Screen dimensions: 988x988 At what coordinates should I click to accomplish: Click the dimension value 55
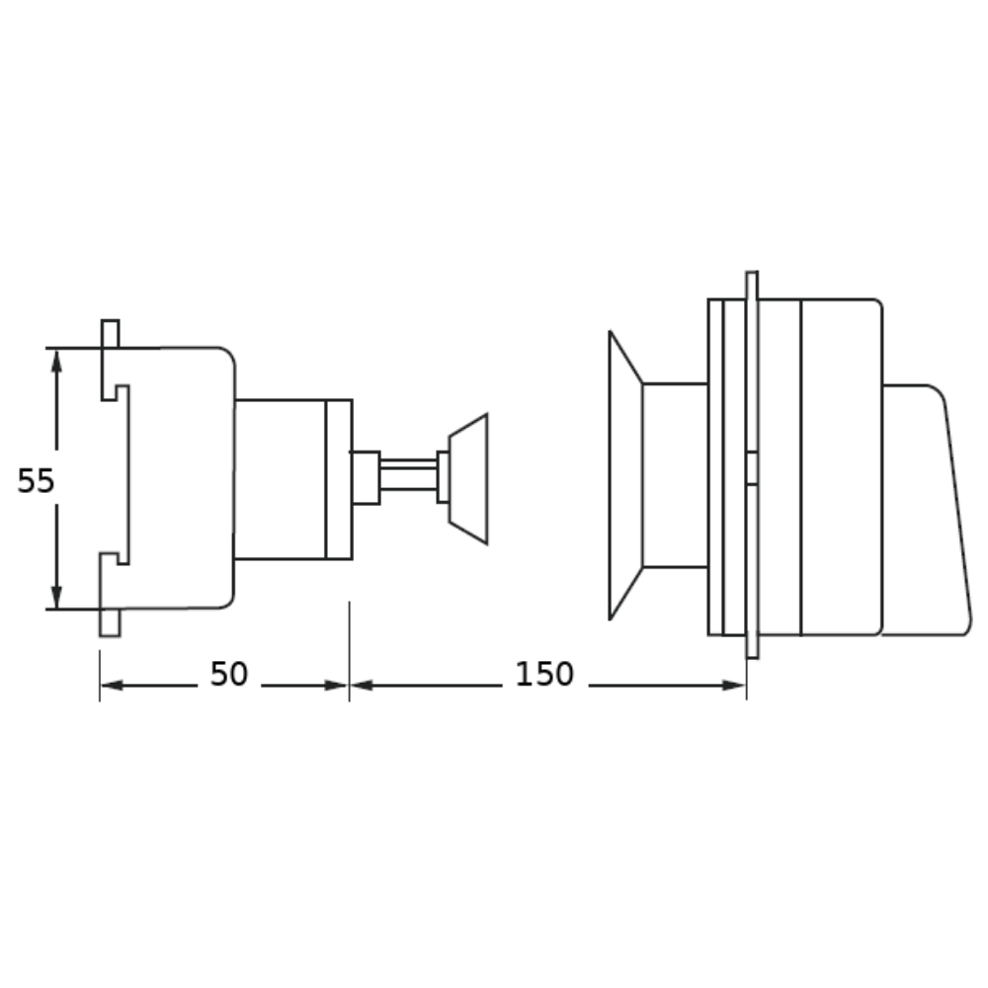click(x=36, y=481)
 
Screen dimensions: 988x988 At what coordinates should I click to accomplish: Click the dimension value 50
click(x=229, y=674)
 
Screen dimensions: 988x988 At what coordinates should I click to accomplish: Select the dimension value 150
click(x=544, y=674)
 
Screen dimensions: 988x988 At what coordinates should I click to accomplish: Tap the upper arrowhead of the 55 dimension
click(x=56, y=361)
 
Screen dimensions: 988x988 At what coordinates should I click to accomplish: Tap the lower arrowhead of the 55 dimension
click(x=56, y=596)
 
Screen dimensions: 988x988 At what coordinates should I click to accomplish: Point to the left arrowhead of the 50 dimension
click(x=113, y=685)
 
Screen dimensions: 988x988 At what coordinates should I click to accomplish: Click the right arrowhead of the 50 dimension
click(x=337, y=685)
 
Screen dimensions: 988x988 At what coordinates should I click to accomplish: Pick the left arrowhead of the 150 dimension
click(x=362, y=685)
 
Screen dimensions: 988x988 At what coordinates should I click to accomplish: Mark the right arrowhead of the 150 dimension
click(x=734, y=685)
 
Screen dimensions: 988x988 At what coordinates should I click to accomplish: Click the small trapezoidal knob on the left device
click(x=468, y=479)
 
